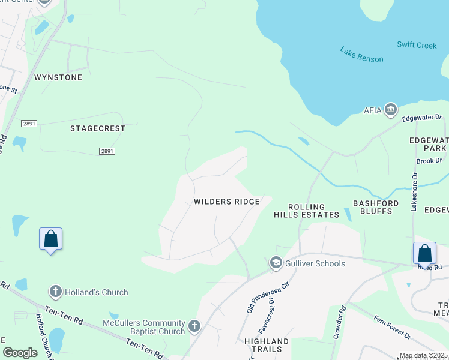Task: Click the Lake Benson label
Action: click(x=361, y=55)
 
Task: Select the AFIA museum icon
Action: click(x=391, y=109)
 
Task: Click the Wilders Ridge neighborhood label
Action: click(x=226, y=202)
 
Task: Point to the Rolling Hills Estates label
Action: click(x=307, y=211)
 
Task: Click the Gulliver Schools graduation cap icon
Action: click(x=276, y=263)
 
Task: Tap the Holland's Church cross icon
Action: click(x=56, y=292)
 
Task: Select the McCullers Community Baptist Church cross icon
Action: click(x=194, y=326)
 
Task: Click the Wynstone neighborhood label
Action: click(x=58, y=77)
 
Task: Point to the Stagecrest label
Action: click(x=98, y=128)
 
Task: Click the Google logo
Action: click(x=20, y=353)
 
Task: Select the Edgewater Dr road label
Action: click(x=421, y=118)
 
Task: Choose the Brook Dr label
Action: click(x=429, y=161)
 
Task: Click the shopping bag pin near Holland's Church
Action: click(x=51, y=239)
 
